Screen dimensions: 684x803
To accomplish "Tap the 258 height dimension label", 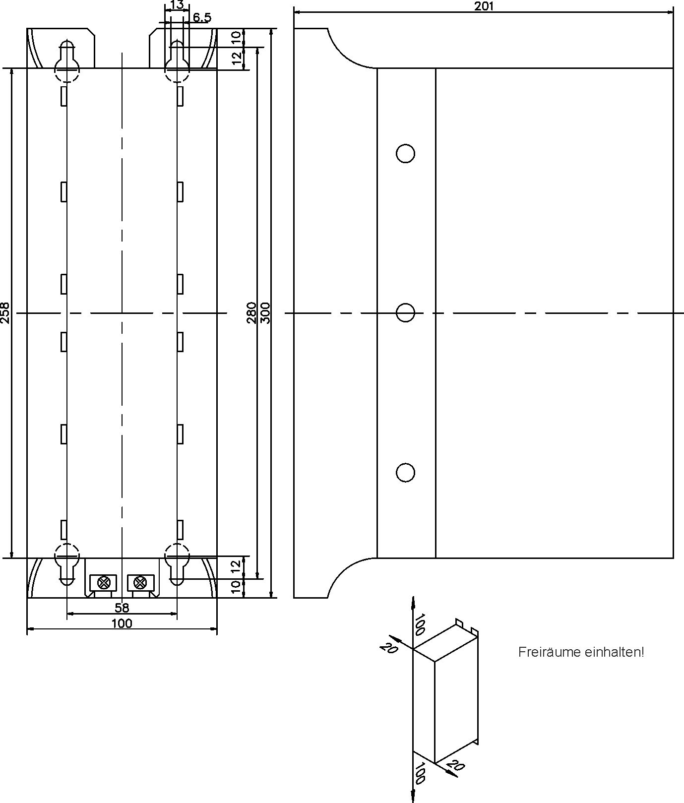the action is pos(5,313).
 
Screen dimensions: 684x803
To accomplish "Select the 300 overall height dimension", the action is pos(265,312).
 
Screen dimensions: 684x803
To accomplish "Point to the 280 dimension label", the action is pos(252,312).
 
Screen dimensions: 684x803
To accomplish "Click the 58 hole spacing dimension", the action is pos(122,608).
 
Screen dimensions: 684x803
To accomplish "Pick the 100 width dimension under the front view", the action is pos(122,623).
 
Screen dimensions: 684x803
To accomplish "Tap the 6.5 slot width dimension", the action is pos(202,18).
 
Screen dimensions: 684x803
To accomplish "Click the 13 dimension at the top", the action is pos(177,5).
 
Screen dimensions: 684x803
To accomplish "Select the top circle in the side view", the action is pos(405,154).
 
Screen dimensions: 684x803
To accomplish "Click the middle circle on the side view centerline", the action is pos(405,313).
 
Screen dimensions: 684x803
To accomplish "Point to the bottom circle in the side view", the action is pos(405,473).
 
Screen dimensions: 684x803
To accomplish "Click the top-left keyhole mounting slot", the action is pos(66,61).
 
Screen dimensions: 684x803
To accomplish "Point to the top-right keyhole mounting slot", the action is pos(177,61).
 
